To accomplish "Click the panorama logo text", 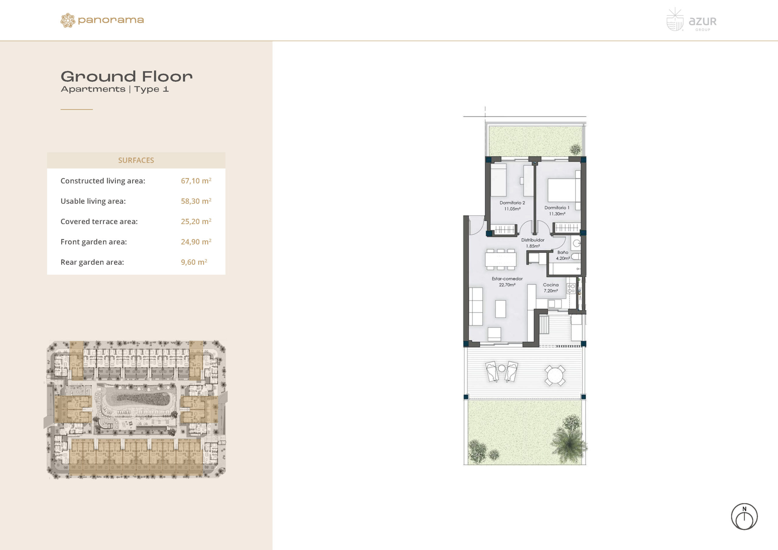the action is click(x=111, y=20).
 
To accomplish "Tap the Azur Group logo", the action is click(x=691, y=20).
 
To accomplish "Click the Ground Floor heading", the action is click(x=126, y=77).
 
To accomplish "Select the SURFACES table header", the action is click(x=136, y=160).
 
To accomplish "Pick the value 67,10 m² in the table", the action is click(x=196, y=180).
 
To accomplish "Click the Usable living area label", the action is click(x=93, y=201).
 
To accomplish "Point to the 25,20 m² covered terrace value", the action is click(x=196, y=221).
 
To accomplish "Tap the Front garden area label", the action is click(x=94, y=242).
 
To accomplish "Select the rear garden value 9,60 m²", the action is click(x=194, y=262).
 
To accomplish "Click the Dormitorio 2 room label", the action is click(x=512, y=206).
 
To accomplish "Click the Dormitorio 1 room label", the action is click(x=557, y=211).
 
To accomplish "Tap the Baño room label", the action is click(x=563, y=255).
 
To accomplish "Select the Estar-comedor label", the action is click(x=507, y=282).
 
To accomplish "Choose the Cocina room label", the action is click(x=551, y=288).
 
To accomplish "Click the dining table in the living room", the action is click(x=501, y=260).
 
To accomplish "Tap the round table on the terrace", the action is click(x=555, y=376).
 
